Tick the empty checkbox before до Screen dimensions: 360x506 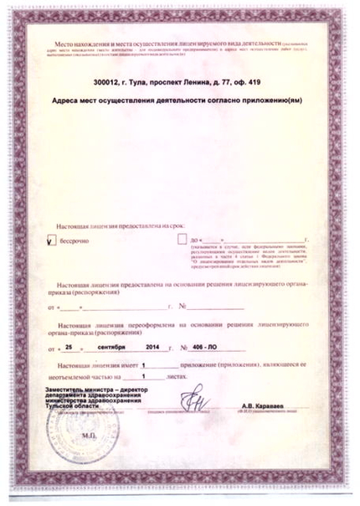coord(184,239)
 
